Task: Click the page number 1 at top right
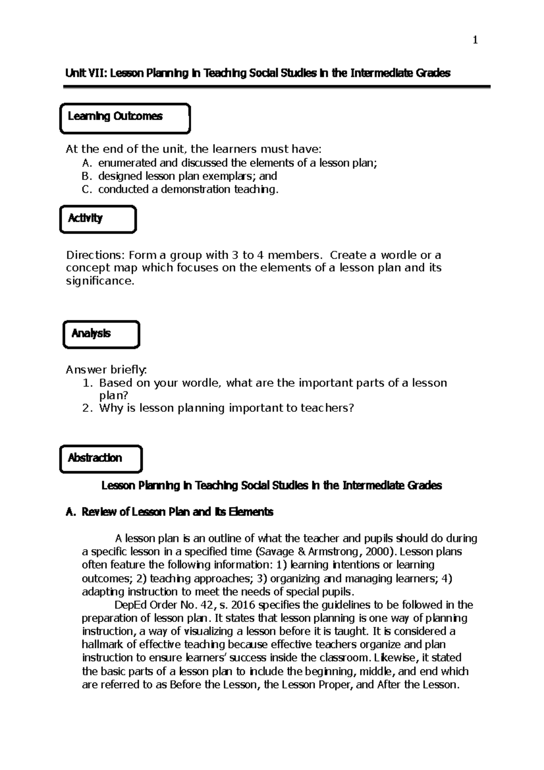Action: tap(475, 41)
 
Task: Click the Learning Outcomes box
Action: tap(125, 118)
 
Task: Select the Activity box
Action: tap(98, 219)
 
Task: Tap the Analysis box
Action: tap(101, 335)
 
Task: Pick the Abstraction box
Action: tap(101, 459)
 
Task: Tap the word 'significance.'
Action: tap(100, 281)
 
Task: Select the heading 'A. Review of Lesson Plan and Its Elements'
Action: tap(170, 512)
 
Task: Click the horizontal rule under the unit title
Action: tap(277, 87)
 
